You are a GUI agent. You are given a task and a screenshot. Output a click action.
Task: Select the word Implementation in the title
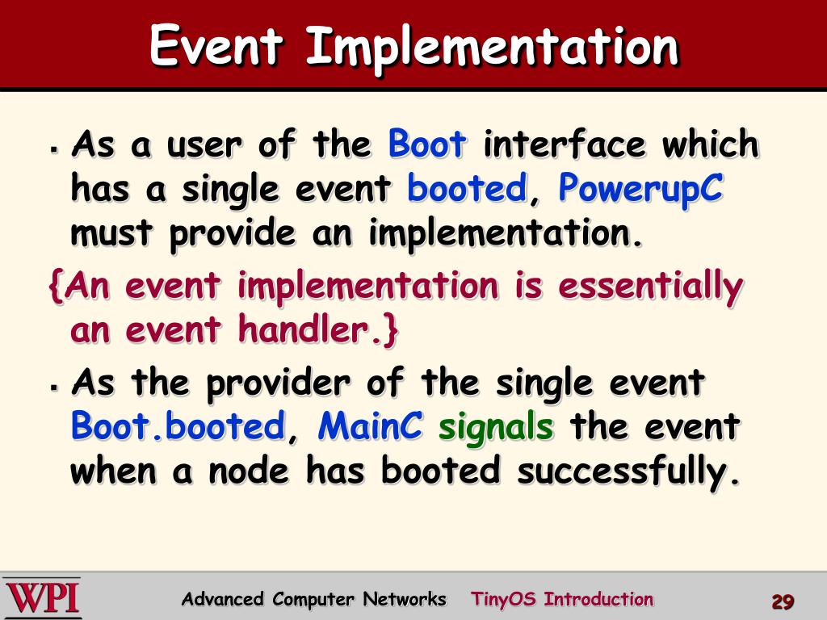[492, 48]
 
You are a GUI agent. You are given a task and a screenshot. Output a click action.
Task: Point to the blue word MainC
[370, 426]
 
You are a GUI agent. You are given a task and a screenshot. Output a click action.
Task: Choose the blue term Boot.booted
[178, 426]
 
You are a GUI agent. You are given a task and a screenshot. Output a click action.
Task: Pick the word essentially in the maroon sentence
[651, 288]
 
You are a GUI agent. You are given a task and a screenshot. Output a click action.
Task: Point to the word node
[249, 471]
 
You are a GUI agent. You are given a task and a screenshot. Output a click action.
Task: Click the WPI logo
[42, 598]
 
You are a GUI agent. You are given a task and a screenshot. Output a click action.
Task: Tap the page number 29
[783, 601]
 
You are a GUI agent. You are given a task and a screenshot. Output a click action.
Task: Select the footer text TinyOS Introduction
[562, 600]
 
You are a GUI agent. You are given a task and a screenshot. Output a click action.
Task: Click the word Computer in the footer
[313, 600]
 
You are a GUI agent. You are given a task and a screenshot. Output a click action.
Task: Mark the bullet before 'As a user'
[54, 149]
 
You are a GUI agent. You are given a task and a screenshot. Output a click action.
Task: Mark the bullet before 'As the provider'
[54, 388]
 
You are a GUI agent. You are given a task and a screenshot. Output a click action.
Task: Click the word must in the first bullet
[111, 234]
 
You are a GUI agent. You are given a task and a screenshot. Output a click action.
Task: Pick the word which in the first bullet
[711, 144]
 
